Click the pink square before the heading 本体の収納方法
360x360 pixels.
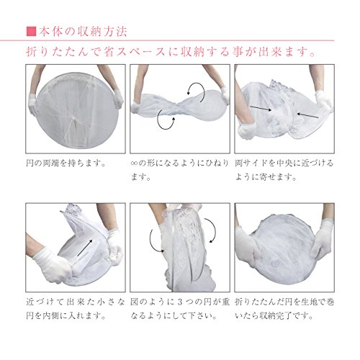(31, 32)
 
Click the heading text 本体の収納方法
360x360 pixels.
(83, 32)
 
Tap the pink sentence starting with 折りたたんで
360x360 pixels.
(171, 52)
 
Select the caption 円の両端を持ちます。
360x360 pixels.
(66, 163)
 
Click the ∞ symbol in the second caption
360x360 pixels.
(134, 163)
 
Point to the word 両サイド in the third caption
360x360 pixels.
(251, 163)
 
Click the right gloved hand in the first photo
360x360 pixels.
(118, 98)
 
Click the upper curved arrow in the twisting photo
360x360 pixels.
(197, 89)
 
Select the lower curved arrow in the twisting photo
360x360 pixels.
(165, 122)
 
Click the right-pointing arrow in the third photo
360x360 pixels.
(261, 108)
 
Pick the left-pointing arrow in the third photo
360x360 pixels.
(307, 115)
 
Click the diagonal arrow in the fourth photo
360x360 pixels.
(85, 248)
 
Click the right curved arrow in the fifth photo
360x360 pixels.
(211, 230)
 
